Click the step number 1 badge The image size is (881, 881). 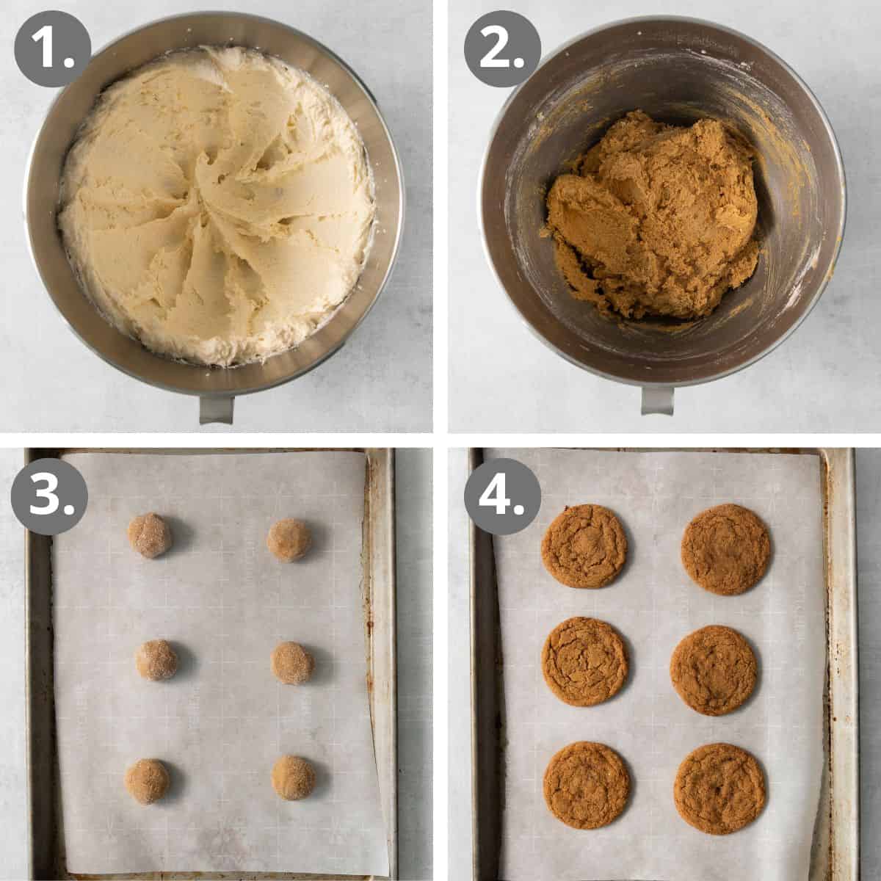pyautogui.click(x=52, y=48)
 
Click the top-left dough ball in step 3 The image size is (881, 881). pyautogui.click(x=150, y=535)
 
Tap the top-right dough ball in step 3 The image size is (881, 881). pyautogui.click(x=289, y=540)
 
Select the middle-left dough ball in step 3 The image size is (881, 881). pyautogui.click(x=156, y=659)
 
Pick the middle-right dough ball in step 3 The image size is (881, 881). pyautogui.click(x=292, y=663)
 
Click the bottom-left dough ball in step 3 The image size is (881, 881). pyautogui.click(x=146, y=780)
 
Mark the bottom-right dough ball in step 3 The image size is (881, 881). pyautogui.click(x=293, y=777)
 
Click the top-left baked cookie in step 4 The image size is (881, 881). pyautogui.click(x=584, y=546)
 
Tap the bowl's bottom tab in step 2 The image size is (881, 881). pyautogui.click(x=657, y=400)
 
